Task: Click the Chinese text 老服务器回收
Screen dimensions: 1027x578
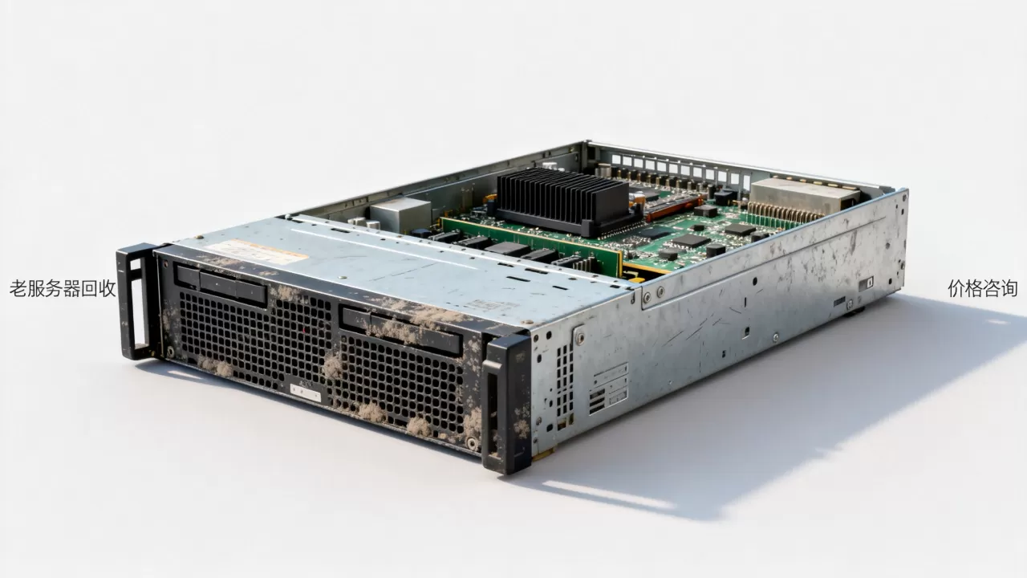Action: coord(63,288)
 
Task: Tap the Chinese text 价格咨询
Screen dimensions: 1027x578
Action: coord(983,288)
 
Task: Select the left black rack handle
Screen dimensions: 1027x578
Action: coord(136,301)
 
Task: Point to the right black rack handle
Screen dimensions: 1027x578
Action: coord(505,404)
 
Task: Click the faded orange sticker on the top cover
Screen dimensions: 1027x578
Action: coord(257,252)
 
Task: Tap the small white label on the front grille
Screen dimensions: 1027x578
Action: coord(306,393)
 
